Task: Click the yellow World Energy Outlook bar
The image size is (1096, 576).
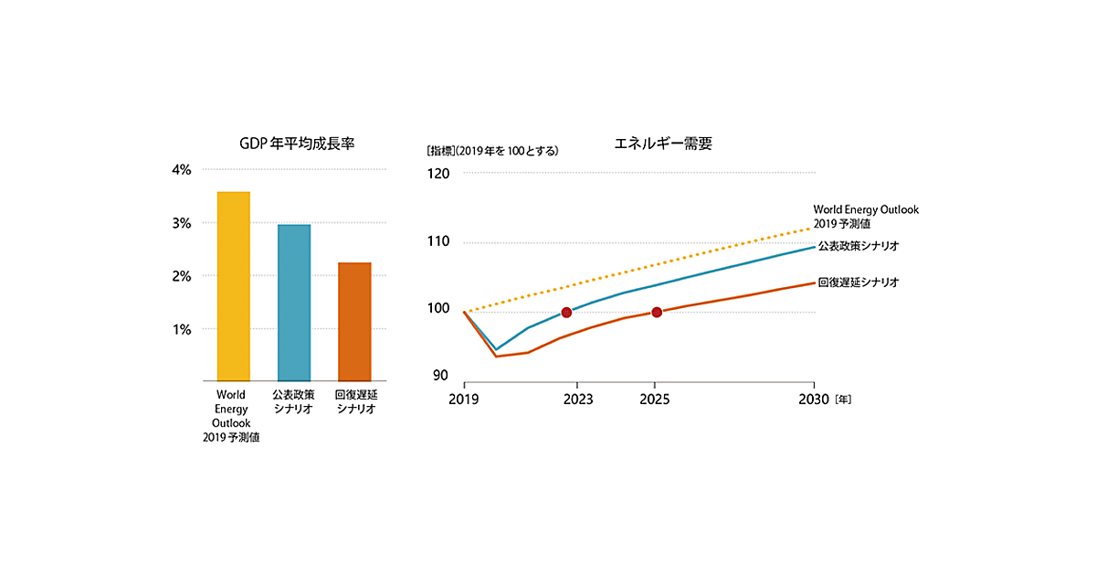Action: [233, 286]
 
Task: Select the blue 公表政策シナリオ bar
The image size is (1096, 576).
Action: [294, 303]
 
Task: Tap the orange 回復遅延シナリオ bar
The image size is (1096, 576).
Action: [354, 322]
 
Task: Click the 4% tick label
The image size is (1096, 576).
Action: [181, 169]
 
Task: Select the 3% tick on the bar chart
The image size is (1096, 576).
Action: [181, 223]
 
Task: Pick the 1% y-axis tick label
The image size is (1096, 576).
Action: [181, 329]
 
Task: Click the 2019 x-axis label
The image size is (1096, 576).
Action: [465, 400]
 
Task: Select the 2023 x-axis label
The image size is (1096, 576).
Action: [577, 400]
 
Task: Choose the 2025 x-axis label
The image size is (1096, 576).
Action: [655, 400]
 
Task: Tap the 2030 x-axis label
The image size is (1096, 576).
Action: [813, 400]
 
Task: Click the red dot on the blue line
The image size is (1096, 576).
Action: [566, 313]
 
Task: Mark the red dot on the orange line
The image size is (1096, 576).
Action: [657, 313]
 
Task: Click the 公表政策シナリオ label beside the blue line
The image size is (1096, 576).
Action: [859, 247]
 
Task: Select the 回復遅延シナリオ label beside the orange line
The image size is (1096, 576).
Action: [859, 283]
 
